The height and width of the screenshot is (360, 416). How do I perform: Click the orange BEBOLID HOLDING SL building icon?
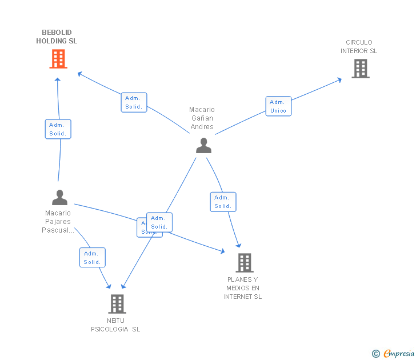tap(58, 59)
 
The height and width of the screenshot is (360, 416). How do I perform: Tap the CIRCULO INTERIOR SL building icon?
tap(360, 69)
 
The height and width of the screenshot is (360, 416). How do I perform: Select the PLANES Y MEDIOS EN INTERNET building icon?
tap(244, 263)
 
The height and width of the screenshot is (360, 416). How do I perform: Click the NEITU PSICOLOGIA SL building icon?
tap(117, 304)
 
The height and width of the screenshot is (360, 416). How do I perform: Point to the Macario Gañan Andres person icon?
tap(203, 146)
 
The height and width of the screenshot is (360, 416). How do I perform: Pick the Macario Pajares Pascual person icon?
tap(59, 198)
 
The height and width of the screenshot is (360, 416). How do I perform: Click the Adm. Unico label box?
tap(278, 106)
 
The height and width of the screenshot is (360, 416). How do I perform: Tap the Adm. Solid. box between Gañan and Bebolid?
tap(134, 102)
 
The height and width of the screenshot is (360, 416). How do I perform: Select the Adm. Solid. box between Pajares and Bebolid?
tap(58, 129)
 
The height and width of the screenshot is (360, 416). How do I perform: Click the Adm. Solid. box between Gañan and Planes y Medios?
tap(223, 202)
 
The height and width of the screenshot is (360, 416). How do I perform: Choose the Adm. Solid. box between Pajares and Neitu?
tap(92, 258)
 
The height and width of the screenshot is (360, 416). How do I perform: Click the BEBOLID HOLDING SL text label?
tap(57, 37)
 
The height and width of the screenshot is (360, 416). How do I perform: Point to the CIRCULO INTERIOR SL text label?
tap(359, 47)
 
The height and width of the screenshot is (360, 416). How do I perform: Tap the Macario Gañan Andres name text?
tap(202, 118)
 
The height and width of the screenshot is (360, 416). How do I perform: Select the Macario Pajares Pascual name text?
tap(58, 222)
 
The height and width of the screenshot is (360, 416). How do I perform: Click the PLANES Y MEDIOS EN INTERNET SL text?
tap(243, 288)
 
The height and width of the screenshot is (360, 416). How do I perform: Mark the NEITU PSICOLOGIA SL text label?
tap(115, 325)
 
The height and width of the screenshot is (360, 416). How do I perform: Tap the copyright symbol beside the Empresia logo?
tap(375, 354)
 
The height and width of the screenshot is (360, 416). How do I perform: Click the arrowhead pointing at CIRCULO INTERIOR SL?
tap(339, 79)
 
